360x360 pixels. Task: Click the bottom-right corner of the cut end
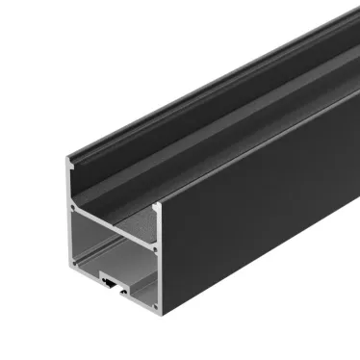tap(158, 300)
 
